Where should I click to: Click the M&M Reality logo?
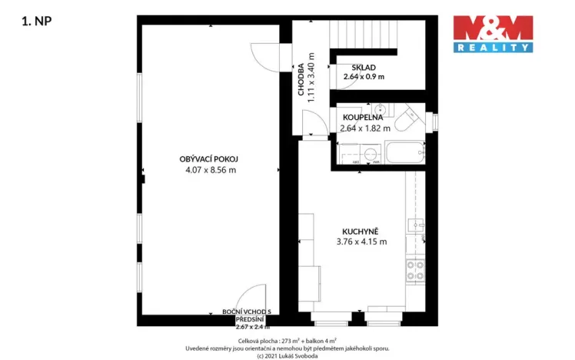click(492, 33)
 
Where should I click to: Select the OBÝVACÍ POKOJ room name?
click(210, 158)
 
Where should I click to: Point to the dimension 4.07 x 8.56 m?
click(210, 170)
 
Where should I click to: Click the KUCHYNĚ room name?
click(361, 230)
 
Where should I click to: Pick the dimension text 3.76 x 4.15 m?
click(361, 242)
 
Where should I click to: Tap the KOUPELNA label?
click(362, 117)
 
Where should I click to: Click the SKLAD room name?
click(364, 67)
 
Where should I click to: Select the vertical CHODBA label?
click(302, 78)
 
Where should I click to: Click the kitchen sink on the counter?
click(415, 225)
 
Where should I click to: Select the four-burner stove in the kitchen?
click(415, 269)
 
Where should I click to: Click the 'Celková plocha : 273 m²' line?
click(287, 339)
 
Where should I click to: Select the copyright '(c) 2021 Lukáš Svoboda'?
click(287, 355)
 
